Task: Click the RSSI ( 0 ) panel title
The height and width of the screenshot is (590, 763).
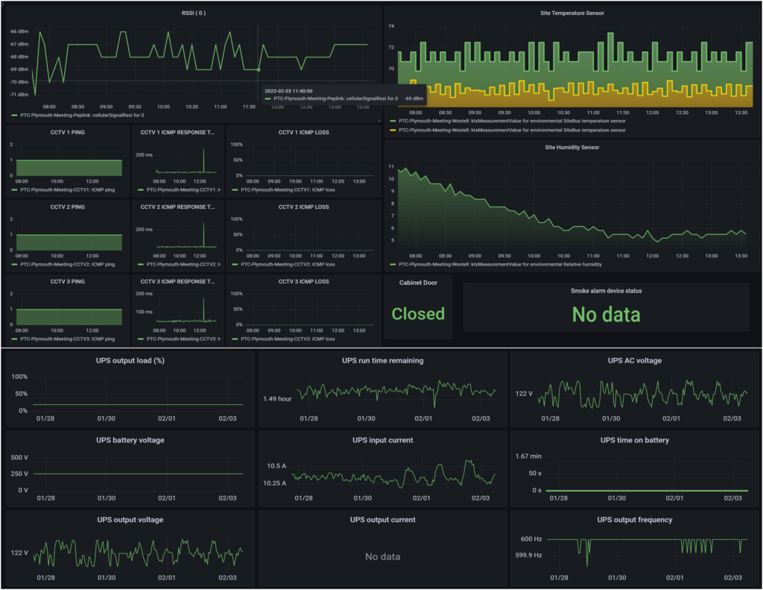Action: (x=193, y=13)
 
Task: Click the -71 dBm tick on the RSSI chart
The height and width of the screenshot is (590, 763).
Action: (x=19, y=95)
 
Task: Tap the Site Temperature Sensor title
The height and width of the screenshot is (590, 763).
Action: (x=572, y=13)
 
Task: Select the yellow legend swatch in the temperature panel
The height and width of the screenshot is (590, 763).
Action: (x=393, y=130)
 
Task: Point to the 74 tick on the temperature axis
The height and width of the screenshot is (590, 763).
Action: (x=391, y=26)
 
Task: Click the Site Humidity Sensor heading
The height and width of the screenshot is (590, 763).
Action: (x=572, y=147)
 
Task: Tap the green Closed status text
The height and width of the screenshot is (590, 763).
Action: (x=418, y=314)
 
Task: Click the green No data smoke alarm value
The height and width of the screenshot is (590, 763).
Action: (x=606, y=315)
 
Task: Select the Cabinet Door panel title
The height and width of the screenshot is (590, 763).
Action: (x=418, y=283)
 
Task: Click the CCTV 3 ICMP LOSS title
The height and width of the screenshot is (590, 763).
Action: (x=303, y=281)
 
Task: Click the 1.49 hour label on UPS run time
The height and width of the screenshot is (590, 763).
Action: (x=276, y=398)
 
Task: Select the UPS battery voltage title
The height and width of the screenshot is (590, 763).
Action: (x=130, y=440)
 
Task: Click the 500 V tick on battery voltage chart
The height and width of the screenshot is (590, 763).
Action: (x=19, y=457)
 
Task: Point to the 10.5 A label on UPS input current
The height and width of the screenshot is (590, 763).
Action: (x=277, y=466)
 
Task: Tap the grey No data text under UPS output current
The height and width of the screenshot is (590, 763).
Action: (x=382, y=556)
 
